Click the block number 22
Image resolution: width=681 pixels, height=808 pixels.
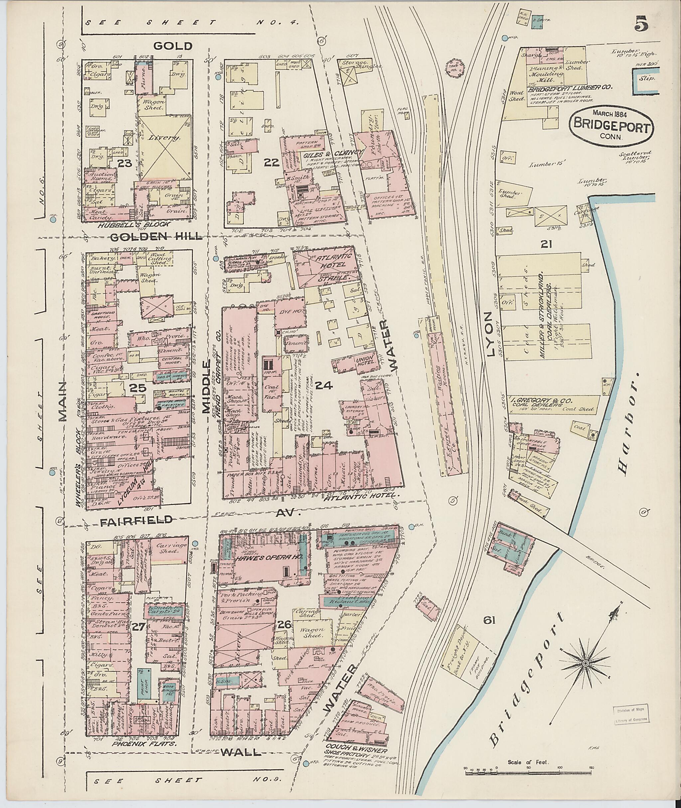[271, 163]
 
